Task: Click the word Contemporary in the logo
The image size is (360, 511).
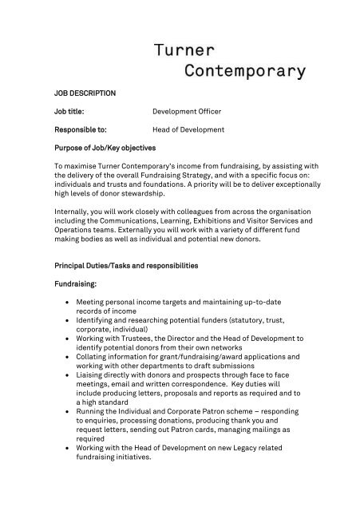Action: (245, 72)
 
